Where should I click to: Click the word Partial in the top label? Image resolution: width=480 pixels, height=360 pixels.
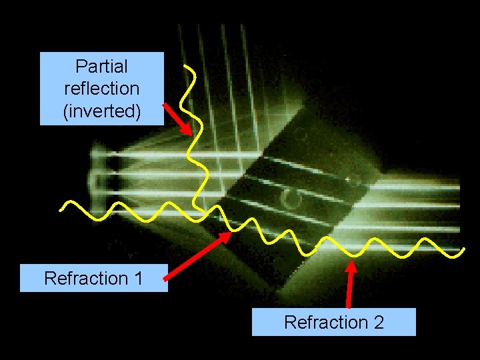pyautogui.click(x=101, y=67)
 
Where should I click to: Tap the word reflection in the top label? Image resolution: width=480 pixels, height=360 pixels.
pyautogui.click(x=101, y=89)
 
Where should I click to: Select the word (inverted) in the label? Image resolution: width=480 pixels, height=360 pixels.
pyautogui.click(x=101, y=111)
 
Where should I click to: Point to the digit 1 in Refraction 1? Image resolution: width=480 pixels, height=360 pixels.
pyautogui.click(x=139, y=278)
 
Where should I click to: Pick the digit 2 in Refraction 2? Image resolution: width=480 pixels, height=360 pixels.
pyautogui.click(x=379, y=323)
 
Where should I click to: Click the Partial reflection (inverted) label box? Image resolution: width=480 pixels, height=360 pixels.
pyautogui.click(x=101, y=89)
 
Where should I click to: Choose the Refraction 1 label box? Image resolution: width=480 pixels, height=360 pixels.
pyautogui.click(x=93, y=278)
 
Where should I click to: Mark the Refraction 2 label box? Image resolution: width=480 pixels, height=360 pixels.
pyautogui.click(x=333, y=322)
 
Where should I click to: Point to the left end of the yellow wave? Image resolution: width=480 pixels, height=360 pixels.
pyautogui.click(x=61, y=209)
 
